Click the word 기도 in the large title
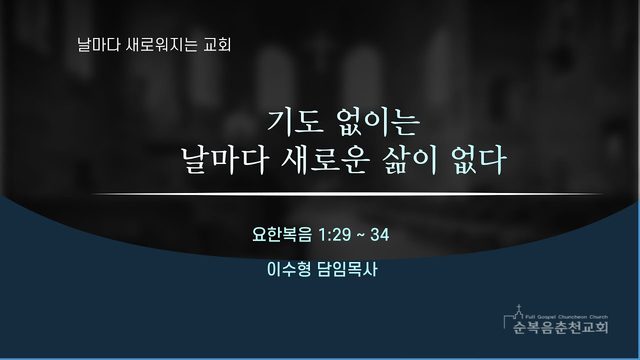pyautogui.click(x=296, y=122)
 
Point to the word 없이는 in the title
pyautogui.click(x=378, y=122)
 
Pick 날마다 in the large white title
pyautogui.click(x=224, y=160)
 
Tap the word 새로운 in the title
pyautogui.click(x=324, y=160)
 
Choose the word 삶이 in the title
pyautogui.click(x=409, y=160)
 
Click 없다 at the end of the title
pyautogui.click(x=479, y=160)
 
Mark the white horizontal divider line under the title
pyautogui.click(x=348, y=194)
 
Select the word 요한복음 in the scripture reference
pyautogui.click(x=282, y=235)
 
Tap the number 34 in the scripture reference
pyautogui.click(x=380, y=235)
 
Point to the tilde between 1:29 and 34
pyautogui.click(x=361, y=236)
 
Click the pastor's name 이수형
pyautogui.click(x=289, y=269)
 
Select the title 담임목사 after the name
pyautogui.click(x=347, y=269)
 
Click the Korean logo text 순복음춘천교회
pyautogui.click(x=560, y=327)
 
